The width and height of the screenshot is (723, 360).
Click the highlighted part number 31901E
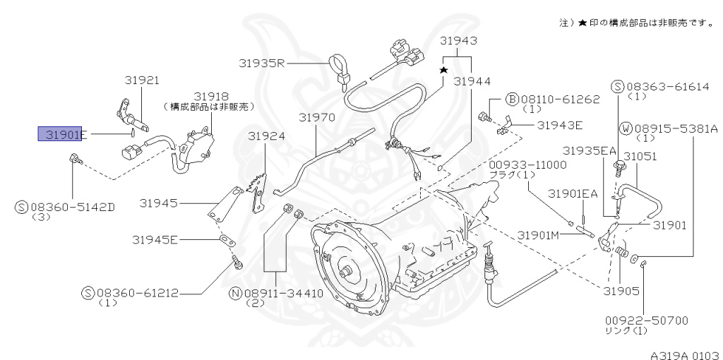click(62, 134)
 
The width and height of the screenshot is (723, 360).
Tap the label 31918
click(211, 95)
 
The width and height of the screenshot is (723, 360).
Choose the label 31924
click(267, 136)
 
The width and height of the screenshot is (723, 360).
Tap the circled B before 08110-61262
click(513, 100)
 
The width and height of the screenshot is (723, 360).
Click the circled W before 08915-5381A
click(626, 128)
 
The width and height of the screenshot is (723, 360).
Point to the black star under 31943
click(444, 71)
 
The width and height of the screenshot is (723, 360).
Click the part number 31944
click(472, 82)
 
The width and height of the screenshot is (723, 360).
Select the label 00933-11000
click(527, 164)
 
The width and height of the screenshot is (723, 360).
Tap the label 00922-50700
click(645, 320)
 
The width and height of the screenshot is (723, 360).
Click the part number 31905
click(621, 290)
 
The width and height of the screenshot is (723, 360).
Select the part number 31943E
click(559, 126)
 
